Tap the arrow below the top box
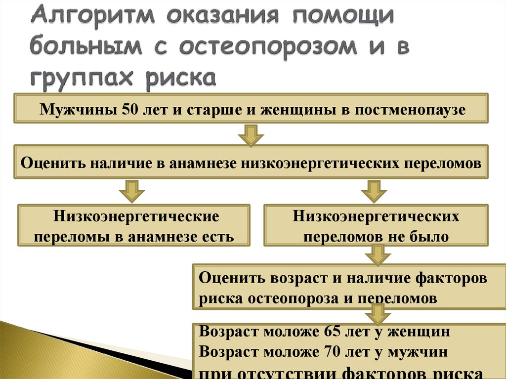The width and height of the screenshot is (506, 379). click(x=252, y=134)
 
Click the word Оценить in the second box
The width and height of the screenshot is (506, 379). click(x=52, y=163)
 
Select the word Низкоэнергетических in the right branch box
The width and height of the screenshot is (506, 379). click(x=376, y=216)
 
